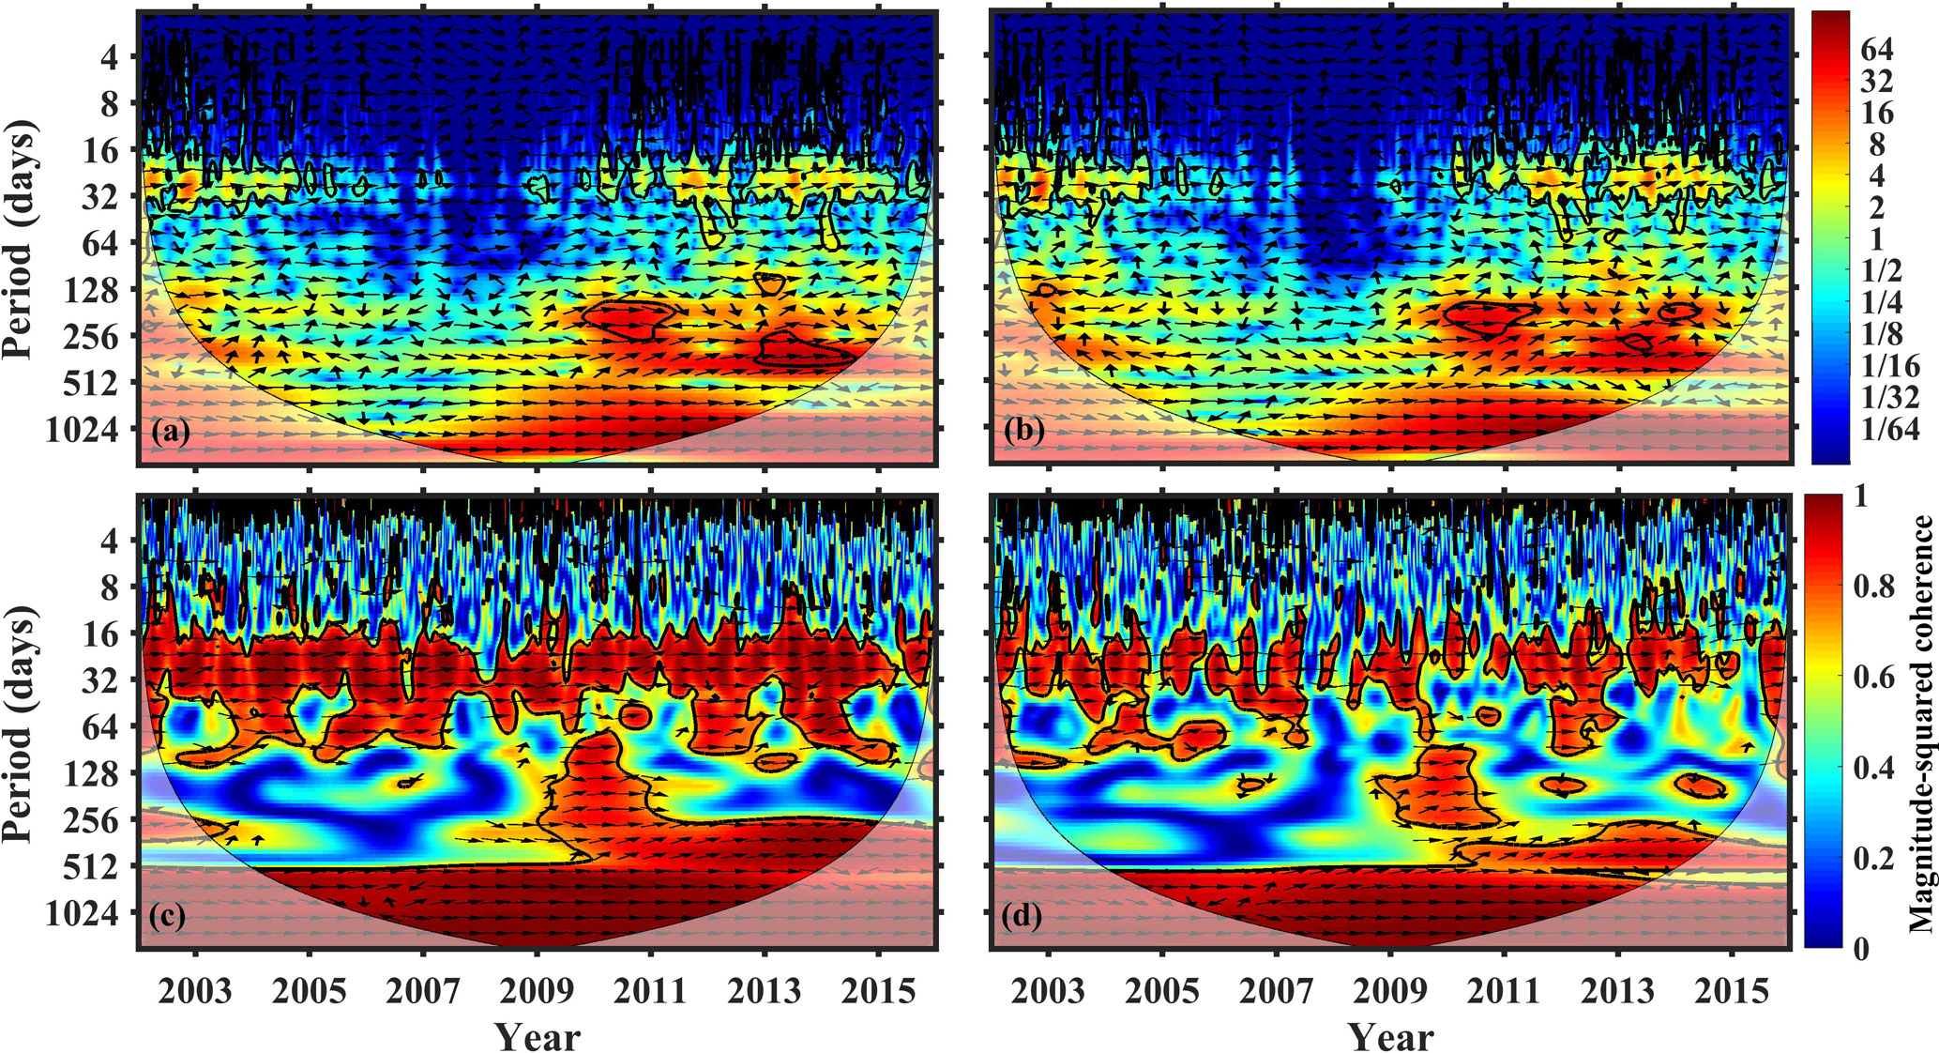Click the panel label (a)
coord(171,433)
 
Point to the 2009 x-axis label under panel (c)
coord(537,991)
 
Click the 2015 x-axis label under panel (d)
coord(1732,991)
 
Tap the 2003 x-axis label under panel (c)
coord(195,991)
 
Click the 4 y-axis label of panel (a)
coord(109,58)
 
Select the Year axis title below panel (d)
coord(1391,1036)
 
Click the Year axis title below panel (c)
coord(538,1036)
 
